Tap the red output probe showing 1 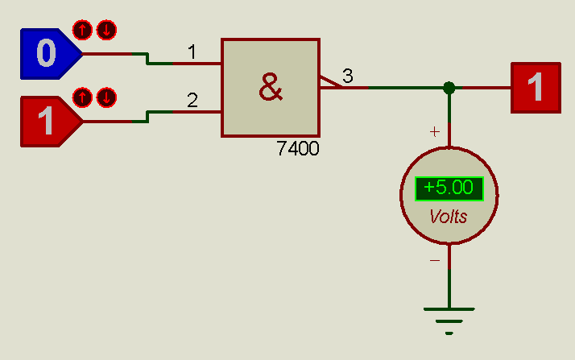click(x=535, y=87)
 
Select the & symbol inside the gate click(x=271, y=87)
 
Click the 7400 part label click(x=297, y=149)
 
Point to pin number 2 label click(x=192, y=101)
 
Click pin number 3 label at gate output click(x=347, y=77)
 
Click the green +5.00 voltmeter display click(x=449, y=188)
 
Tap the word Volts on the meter click(x=449, y=217)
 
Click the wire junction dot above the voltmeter click(x=449, y=87)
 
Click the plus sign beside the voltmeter click(x=435, y=131)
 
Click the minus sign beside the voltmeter click(x=435, y=261)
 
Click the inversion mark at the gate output click(x=330, y=81)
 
